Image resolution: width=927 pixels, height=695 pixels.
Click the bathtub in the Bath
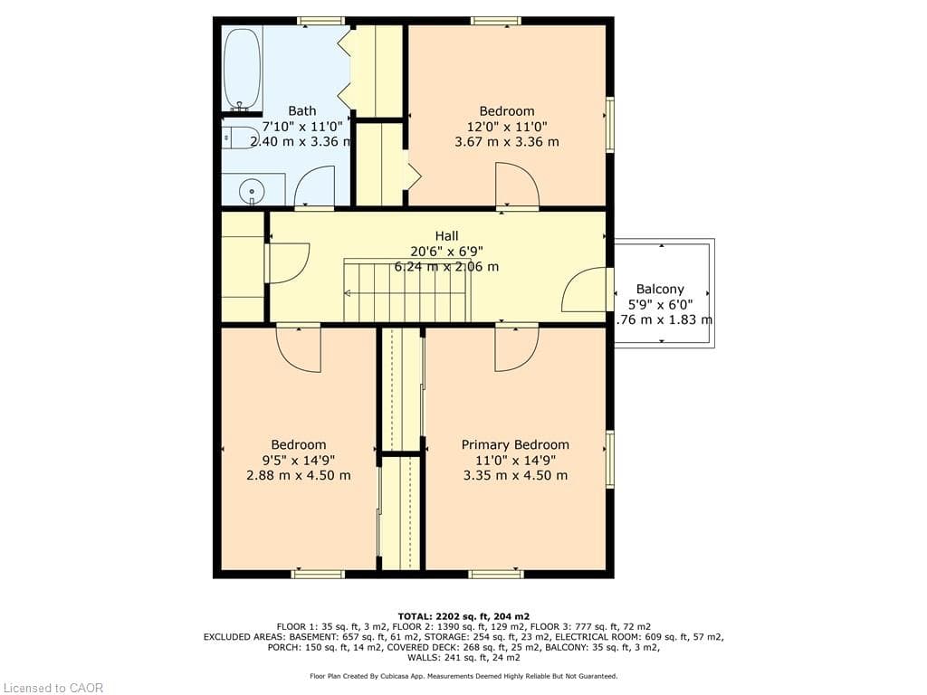coord(242,70)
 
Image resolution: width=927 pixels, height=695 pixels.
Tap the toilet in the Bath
coord(240,138)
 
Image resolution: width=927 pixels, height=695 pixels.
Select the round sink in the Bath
coord(251,191)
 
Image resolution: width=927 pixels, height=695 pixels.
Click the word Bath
coord(301,111)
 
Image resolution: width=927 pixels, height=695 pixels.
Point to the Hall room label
coord(446,236)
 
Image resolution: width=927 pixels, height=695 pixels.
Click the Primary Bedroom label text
coord(515,444)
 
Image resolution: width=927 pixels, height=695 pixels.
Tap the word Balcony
coord(660,290)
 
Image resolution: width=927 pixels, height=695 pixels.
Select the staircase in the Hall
coord(407,290)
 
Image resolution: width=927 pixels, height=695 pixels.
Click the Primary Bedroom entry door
coord(516,347)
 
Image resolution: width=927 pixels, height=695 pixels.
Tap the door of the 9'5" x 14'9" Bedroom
coord(299,347)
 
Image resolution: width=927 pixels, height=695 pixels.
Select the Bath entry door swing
coord(315,187)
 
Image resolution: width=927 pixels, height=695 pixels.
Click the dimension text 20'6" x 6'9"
coord(446,252)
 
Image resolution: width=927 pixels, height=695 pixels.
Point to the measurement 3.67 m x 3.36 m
coord(506,142)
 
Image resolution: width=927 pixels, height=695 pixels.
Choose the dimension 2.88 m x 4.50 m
coord(299,475)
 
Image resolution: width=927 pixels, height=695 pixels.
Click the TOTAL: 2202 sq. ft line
coord(463,615)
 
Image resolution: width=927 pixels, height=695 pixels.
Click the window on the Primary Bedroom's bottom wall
coord(495,573)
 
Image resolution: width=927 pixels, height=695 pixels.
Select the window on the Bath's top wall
coord(321,21)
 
